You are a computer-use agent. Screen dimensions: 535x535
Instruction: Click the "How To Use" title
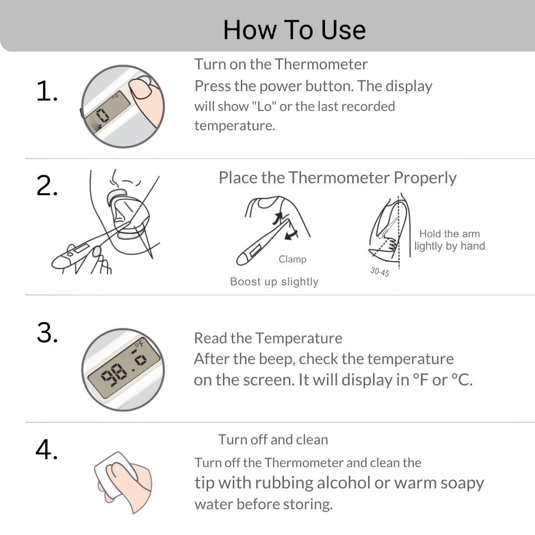pos(294,30)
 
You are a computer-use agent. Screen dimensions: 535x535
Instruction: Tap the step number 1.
pos(47,91)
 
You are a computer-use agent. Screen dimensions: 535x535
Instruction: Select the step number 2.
pos(47,186)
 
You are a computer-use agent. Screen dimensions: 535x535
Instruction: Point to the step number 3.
pos(47,332)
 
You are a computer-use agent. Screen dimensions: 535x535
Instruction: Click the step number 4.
pos(47,449)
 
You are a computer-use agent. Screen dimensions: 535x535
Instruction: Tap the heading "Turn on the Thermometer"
pos(281,64)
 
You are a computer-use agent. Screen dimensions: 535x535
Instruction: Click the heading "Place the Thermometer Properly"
pos(337,178)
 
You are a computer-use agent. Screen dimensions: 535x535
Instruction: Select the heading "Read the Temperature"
pos(268,338)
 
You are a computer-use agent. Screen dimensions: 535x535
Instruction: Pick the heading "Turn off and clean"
pos(273,439)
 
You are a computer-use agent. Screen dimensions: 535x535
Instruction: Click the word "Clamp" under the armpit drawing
pos(292,259)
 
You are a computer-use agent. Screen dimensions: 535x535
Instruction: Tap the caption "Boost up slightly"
pos(274,281)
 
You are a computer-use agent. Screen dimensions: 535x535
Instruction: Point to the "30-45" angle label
pos(380,272)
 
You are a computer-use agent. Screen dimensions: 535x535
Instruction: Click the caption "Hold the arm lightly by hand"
pos(450,240)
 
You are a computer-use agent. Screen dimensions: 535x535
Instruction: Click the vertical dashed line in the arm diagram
pos(399,232)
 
